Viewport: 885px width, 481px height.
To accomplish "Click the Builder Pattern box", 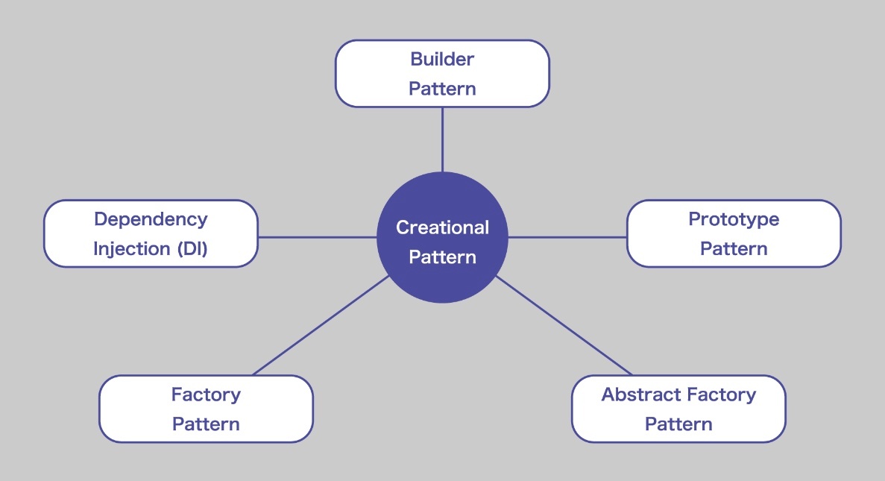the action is point(442,73).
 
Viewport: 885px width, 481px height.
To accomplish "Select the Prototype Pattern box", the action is point(734,233).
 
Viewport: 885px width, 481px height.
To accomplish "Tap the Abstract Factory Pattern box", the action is point(678,409).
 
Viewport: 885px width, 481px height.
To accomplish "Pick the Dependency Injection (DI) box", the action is point(151,233).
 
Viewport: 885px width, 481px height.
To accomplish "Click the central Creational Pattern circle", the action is point(443,237).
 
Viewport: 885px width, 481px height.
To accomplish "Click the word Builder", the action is point(442,59).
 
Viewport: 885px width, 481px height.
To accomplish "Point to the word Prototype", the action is point(734,219).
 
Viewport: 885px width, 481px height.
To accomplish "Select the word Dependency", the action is point(151,219).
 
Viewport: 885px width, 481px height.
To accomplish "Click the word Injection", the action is point(131,249).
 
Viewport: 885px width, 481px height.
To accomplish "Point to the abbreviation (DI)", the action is point(192,249).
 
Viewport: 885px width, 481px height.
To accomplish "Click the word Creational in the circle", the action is point(443,227).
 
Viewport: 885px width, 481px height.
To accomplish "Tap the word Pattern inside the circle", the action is point(443,257).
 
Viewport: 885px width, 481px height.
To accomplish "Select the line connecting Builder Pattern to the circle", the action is point(443,139).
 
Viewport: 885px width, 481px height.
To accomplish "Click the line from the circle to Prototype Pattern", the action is point(567,237).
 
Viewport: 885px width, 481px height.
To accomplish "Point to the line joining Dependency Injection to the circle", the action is point(317,237).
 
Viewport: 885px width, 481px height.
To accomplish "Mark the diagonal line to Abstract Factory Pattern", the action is point(564,325).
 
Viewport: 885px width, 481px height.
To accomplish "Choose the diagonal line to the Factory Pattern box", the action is point(321,325).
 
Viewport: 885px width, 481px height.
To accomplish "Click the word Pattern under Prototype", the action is point(734,248).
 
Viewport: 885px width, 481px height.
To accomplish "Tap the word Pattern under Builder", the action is point(442,89).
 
